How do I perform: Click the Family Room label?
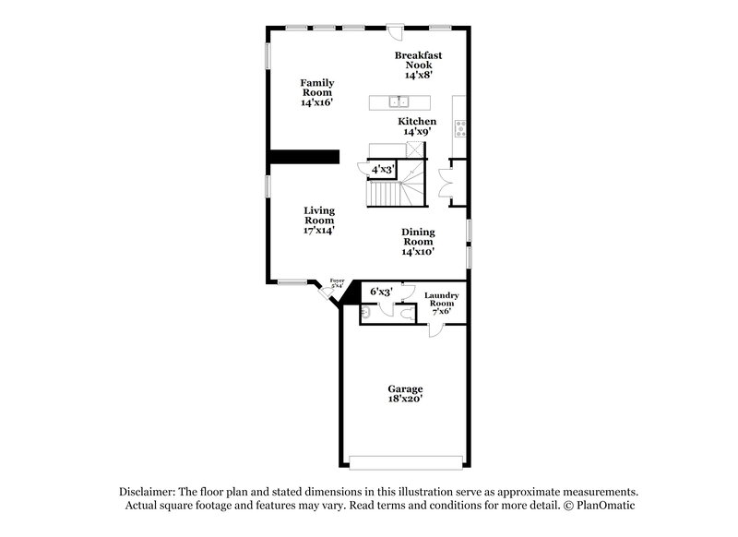click(x=316, y=92)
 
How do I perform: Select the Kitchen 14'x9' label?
click(x=417, y=126)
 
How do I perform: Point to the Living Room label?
click(x=319, y=220)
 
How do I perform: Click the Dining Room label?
click(x=418, y=241)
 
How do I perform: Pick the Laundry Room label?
click(x=441, y=303)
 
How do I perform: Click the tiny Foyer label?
click(x=337, y=283)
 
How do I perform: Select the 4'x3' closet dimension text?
click(x=382, y=170)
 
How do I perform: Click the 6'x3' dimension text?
click(x=381, y=292)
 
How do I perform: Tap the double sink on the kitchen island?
click(x=399, y=101)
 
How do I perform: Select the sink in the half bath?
click(x=365, y=314)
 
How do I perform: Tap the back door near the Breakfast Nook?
click(x=396, y=30)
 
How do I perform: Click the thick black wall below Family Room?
click(x=304, y=156)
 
